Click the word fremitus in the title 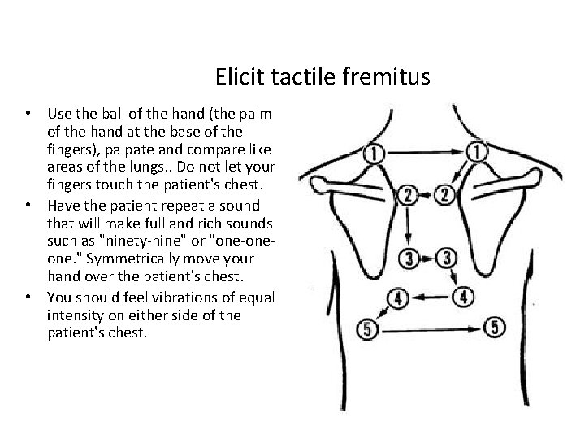(x=392, y=78)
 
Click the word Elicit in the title (x=236, y=78)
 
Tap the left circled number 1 (x=375, y=152)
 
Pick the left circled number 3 (x=409, y=259)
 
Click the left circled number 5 (x=367, y=330)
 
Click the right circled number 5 (x=496, y=328)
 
